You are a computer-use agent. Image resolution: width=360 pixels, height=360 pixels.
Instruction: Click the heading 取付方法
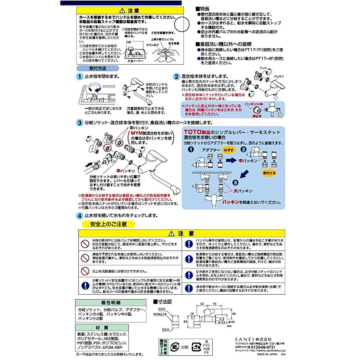pos(98,68)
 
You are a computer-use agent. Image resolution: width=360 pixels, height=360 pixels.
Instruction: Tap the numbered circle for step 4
pos(79,216)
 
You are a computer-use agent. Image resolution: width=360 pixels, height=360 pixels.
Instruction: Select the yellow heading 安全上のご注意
pos(108,224)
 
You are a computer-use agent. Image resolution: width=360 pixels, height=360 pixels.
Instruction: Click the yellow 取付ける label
pos(269,173)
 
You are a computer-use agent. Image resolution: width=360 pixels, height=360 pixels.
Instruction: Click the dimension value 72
pos(214,304)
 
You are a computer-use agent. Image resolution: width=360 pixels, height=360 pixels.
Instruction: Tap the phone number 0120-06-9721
pos(263,347)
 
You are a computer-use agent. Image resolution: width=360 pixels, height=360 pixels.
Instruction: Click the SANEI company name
pos(244,339)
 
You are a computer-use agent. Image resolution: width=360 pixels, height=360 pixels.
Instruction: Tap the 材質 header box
pos(102,328)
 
